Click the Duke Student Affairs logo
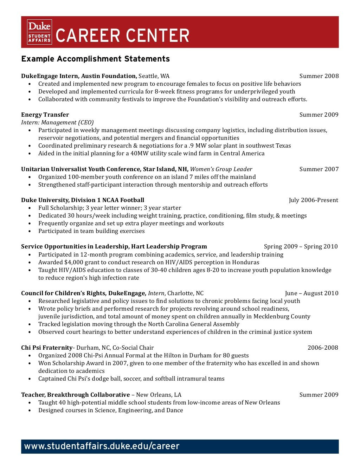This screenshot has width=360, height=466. click(39, 32)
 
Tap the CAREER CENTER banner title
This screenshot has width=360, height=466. click(122, 35)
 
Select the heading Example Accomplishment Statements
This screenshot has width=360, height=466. click(95, 59)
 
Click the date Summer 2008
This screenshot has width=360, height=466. click(319, 76)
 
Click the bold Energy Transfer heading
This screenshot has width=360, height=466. click(45, 115)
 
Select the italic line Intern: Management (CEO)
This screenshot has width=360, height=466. click(57, 122)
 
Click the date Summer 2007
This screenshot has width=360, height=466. click(319, 169)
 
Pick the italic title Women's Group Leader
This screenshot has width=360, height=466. click(221, 169)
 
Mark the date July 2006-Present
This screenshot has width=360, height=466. click(313, 200)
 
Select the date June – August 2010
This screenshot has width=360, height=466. click(311, 293)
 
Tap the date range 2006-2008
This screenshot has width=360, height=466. click(323, 348)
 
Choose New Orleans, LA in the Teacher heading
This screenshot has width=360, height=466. click(159, 395)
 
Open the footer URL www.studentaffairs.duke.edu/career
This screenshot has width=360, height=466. click(102, 446)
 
